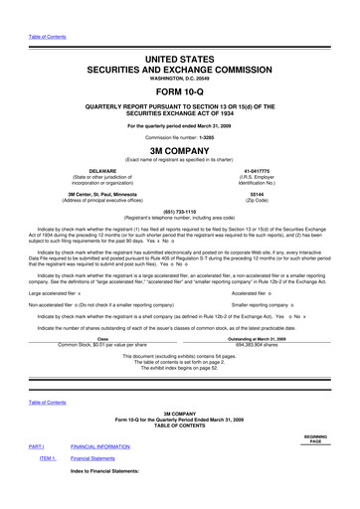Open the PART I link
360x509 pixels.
[36, 446]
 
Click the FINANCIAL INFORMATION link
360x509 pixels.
[113, 446]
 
